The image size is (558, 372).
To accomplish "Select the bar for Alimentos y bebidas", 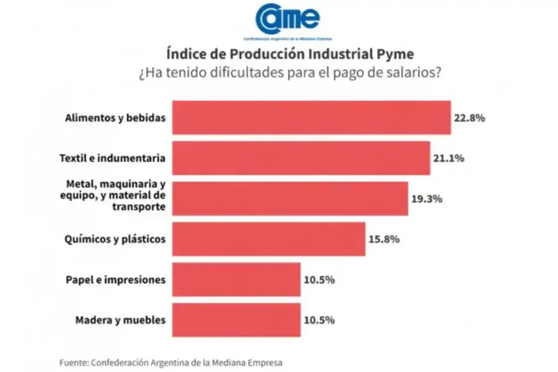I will coord(311,117).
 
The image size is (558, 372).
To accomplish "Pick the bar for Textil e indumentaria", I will coord(301,158).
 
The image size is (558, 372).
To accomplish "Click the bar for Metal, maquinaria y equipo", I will coord(290,198).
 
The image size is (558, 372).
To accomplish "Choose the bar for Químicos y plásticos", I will coord(268,239).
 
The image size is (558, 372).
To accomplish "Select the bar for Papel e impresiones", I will coord(236,280).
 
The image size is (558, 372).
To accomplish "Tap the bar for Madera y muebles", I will coord(236,320).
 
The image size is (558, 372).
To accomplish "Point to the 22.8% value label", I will coord(469,117).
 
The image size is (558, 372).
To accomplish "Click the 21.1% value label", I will coord(448,158).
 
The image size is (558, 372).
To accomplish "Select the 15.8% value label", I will coord(384,239).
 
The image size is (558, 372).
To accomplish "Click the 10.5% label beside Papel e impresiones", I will coord(319,280).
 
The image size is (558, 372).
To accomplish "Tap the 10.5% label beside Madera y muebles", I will coord(319,320).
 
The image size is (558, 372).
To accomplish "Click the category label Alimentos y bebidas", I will coord(115,117).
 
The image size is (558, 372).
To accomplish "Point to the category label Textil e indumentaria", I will coord(112,158).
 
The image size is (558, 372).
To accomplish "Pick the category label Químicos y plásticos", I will coord(115,239).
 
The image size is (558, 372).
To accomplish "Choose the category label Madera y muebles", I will coord(120,320).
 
